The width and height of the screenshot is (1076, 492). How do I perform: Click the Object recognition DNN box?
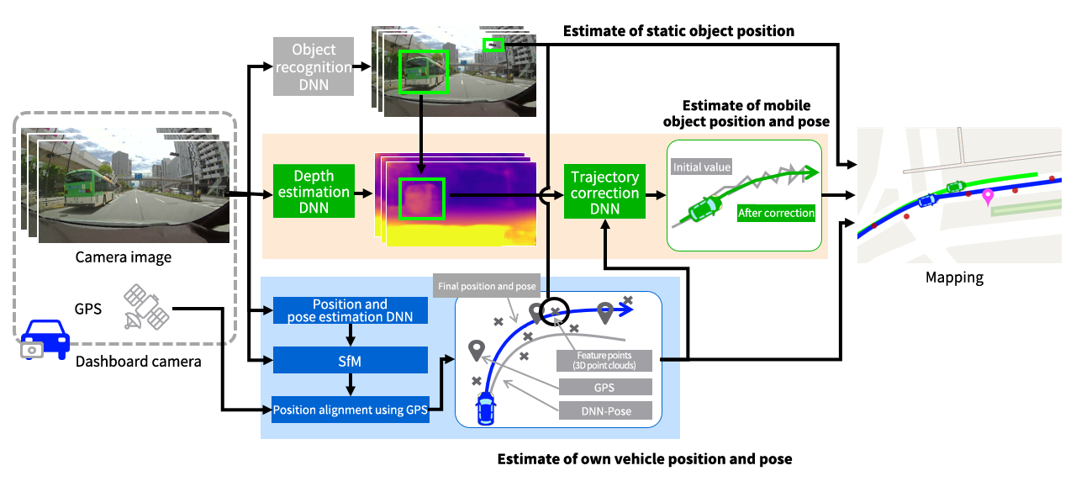[x=314, y=67]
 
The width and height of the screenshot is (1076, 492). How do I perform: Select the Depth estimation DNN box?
[x=314, y=192]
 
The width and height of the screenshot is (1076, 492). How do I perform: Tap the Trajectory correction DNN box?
[x=604, y=192]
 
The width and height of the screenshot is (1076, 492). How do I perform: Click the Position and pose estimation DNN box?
[x=350, y=310]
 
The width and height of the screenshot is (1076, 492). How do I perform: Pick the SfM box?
[x=350, y=361]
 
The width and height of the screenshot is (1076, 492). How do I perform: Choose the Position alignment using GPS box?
[x=351, y=410]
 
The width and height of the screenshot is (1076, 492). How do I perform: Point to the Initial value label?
[x=702, y=167]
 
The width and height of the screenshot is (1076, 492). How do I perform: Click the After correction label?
[x=776, y=214]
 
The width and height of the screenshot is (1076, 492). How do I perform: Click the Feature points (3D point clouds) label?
[x=604, y=361]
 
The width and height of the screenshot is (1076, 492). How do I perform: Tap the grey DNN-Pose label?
[x=605, y=410]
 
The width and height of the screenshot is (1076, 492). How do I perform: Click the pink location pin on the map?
[x=987, y=198]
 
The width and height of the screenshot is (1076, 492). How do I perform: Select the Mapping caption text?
[x=954, y=277]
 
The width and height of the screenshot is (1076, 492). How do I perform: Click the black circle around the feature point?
[x=554, y=311]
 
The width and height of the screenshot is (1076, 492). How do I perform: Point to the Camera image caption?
[x=124, y=257]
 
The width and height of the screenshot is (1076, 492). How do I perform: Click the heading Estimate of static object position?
[x=678, y=31]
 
